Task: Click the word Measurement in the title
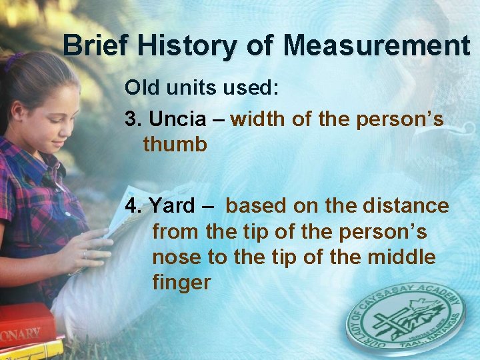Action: [377, 46]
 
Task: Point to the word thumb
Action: [175, 145]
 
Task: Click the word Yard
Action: [171, 206]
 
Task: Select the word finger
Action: [181, 283]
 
